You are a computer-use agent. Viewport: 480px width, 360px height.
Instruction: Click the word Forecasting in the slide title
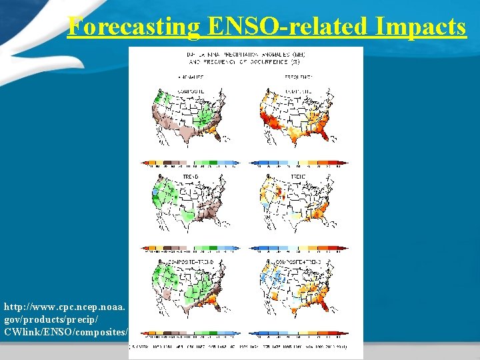[134, 27]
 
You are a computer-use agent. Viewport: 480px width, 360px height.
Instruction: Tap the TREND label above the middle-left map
[191, 177]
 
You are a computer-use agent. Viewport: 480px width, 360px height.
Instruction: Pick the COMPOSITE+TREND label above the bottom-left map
[191, 262]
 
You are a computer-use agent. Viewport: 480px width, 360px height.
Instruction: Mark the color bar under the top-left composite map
[190, 163]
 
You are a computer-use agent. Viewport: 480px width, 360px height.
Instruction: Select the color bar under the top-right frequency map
[299, 163]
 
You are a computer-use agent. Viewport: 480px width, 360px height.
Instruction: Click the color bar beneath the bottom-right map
[299, 333]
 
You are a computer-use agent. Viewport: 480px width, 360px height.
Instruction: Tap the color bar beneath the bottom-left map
[190, 333]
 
